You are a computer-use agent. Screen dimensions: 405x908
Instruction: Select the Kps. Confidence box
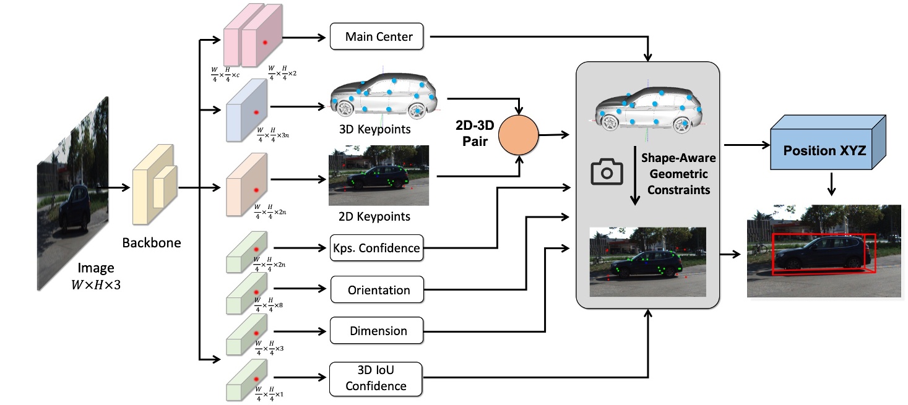click(x=376, y=248)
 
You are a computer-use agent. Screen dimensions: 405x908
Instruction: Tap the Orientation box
click(x=378, y=289)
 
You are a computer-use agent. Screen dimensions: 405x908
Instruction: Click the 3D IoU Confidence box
click(x=376, y=378)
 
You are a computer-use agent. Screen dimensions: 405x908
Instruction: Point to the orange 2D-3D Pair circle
click(x=519, y=134)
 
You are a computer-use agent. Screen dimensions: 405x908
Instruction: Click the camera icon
click(x=606, y=173)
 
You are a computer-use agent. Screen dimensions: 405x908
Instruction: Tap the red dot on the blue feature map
click(x=255, y=111)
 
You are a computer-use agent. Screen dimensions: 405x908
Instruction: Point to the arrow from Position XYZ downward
click(x=834, y=184)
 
